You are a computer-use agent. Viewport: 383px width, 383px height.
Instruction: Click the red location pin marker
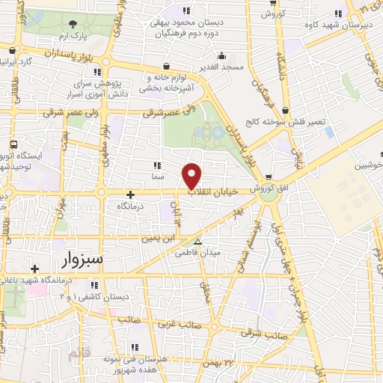coord(192,175)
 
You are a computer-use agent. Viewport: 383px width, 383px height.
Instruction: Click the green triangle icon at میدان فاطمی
coord(197,242)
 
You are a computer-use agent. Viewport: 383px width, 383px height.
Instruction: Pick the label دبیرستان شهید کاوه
coord(339,27)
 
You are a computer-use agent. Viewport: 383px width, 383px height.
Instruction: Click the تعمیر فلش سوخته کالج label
coord(288,123)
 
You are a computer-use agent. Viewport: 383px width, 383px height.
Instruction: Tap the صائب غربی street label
coord(177,325)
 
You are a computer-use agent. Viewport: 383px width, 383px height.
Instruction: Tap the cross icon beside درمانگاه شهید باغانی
coord(33,269)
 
